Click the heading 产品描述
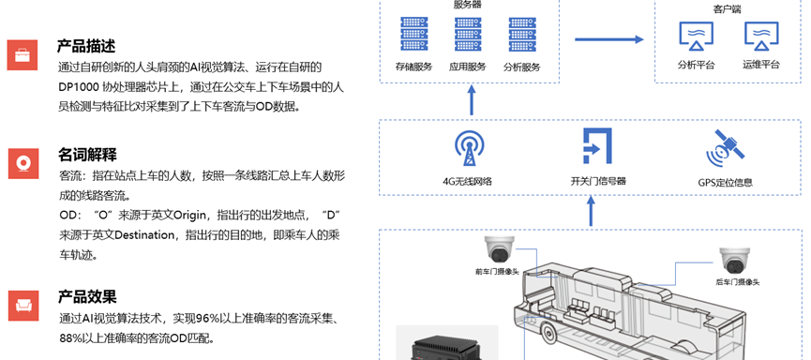[x=86, y=46]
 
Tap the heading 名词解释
[x=87, y=154]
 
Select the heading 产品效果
[x=87, y=296]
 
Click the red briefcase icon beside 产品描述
[x=23, y=54]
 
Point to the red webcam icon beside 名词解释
[x=23, y=163]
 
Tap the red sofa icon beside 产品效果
[x=23, y=306]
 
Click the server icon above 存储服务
[x=413, y=34]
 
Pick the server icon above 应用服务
[x=468, y=34]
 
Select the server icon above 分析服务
[x=522, y=34]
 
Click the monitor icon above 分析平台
[x=697, y=37]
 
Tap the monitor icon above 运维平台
[x=761, y=37]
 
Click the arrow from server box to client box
[x=609, y=39]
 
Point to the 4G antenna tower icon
[x=472, y=148]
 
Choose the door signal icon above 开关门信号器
[x=597, y=146]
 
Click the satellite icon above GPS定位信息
[x=725, y=147]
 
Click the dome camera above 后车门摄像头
[x=734, y=261]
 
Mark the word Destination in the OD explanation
[x=144, y=234]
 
